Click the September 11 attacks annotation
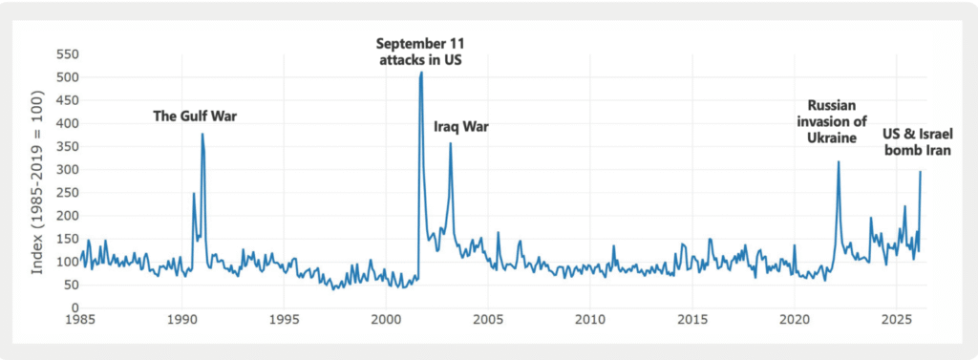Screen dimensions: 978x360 point(420,52)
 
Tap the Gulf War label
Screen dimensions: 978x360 point(195,116)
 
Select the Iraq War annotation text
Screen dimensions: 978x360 point(461,127)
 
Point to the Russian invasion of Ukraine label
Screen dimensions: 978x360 point(831,121)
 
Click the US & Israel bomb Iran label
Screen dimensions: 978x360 point(917,141)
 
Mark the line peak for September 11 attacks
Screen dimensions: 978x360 point(421,72)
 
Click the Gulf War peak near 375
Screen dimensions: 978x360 point(202,134)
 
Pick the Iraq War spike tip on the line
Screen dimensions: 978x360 point(451,143)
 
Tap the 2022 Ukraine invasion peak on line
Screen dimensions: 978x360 point(839,161)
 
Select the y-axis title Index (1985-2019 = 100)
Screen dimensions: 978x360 point(37,182)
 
